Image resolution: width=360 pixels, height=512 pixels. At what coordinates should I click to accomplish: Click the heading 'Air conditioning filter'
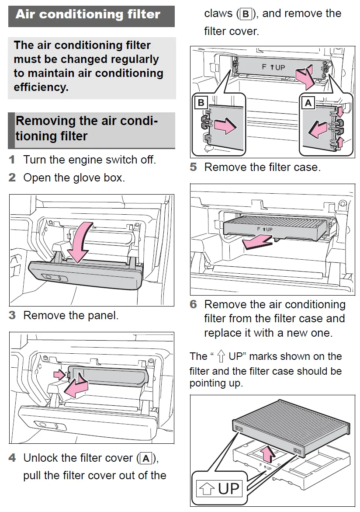[88, 14]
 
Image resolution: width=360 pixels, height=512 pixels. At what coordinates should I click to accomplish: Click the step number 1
[12, 160]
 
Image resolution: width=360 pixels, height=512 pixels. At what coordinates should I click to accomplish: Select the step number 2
[12, 178]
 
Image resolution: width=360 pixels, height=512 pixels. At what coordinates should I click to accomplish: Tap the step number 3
[12, 315]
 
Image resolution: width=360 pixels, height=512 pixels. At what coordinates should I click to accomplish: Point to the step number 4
[12, 458]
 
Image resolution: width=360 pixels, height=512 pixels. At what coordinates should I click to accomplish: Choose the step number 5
[193, 167]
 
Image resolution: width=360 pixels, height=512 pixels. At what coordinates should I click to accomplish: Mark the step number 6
[193, 305]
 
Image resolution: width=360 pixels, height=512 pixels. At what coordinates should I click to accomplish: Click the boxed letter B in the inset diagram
[201, 103]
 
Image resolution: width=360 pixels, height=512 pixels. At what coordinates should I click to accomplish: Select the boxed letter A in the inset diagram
[308, 103]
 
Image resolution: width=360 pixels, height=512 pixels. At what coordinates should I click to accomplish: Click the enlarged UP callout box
[219, 488]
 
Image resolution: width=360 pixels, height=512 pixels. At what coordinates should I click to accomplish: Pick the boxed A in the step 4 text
[146, 459]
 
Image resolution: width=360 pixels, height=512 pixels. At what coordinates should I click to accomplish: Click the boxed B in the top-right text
[246, 14]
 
